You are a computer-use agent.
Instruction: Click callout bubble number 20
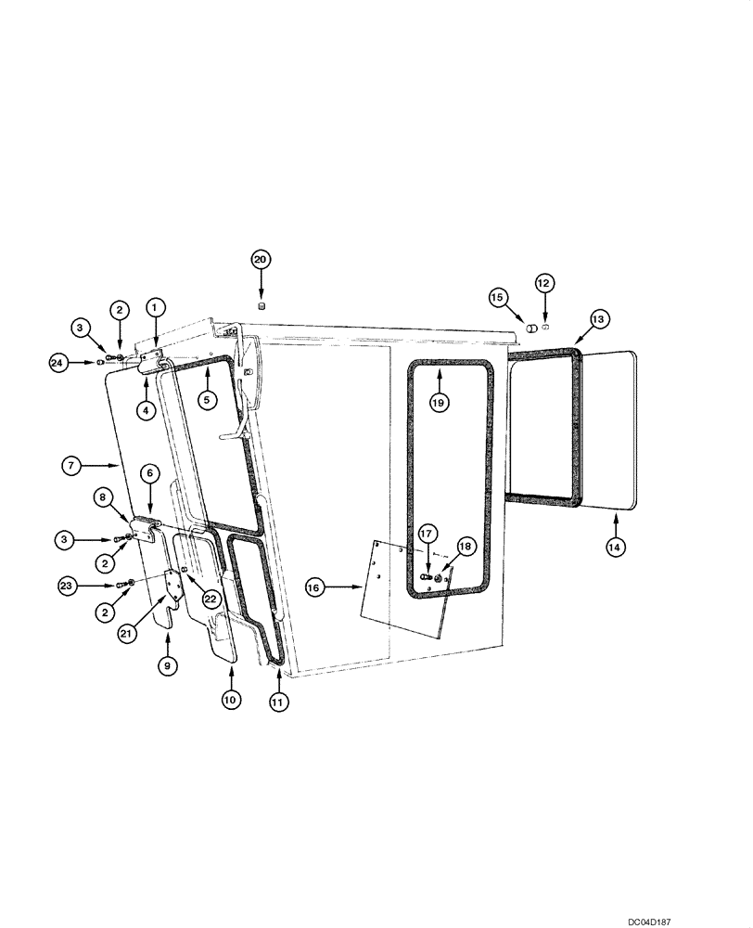[x=261, y=260]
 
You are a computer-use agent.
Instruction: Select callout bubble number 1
[x=155, y=305]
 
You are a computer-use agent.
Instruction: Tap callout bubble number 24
[x=59, y=363]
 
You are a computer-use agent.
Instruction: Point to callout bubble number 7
[x=73, y=464]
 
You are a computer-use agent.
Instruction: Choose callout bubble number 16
[x=314, y=587]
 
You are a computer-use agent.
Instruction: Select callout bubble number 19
[x=440, y=402]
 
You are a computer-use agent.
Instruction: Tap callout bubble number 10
[x=231, y=700]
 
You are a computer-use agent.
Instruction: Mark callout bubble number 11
[x=277, y=702]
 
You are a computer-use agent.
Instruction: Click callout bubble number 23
[x=66, y=586]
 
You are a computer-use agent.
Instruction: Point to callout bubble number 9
[x=167, y=664]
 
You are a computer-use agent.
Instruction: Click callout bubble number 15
[x=499, y=297]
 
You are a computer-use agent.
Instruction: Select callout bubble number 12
[x=544, y=282]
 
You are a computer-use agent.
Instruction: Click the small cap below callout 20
[x=261, y=305]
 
